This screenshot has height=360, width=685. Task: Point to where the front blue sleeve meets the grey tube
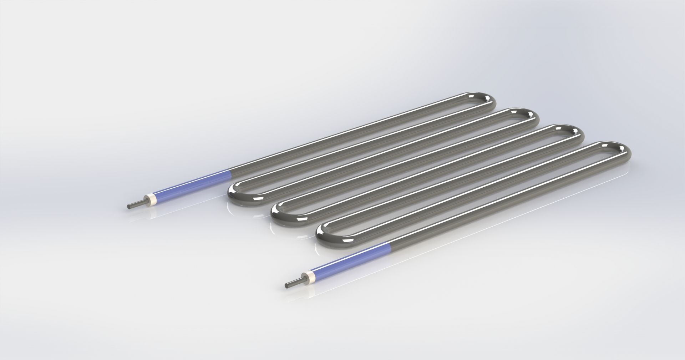click(x=391, y=245)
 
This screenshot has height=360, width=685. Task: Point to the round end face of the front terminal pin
click(x=287, y=285)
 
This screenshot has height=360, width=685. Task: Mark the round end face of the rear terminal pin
click(x=129, y=206)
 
